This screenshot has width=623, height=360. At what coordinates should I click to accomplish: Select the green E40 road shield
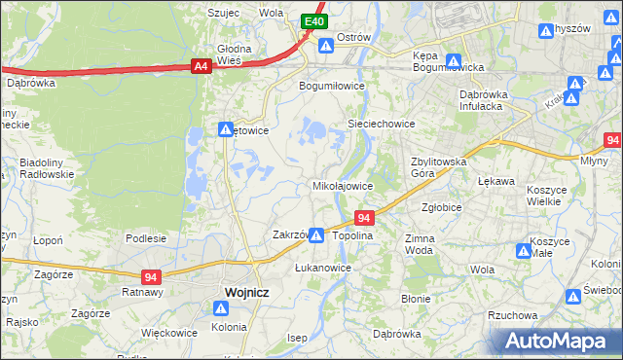pos(312,21)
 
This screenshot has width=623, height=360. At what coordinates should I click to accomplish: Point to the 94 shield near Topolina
pos(364,218)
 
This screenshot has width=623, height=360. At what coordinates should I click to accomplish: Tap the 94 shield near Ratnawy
pos(150,276)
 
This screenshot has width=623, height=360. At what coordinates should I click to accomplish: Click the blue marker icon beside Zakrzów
pos(316,234)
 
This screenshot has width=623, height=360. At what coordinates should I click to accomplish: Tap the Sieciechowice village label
pos(383,125)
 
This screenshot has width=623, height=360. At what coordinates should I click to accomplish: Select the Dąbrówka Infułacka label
pos(492,100)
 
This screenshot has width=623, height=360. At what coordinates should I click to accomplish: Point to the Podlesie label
pos(146,237)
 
